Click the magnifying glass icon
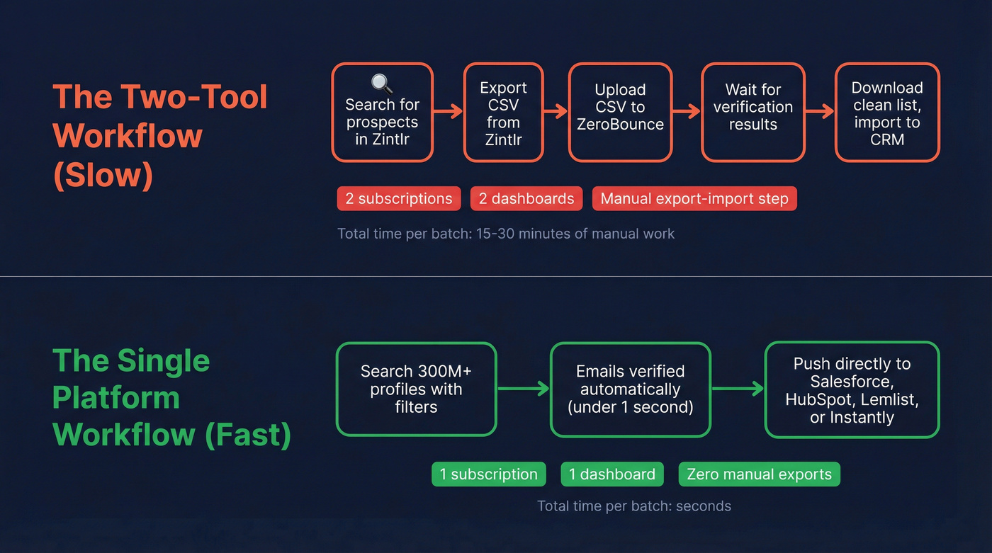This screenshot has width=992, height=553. (382, 83)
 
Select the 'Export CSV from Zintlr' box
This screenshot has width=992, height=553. (503, 113)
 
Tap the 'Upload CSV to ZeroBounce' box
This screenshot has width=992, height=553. (620, 113)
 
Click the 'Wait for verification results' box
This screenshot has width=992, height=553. (753, 113)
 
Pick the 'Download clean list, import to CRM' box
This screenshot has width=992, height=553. (887, 113)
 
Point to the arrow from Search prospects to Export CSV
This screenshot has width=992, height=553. (448, 111)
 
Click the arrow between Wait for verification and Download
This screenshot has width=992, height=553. (820, 111)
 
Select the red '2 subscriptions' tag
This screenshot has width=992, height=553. (399, 199)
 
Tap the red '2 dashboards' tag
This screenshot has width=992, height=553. (526, 199)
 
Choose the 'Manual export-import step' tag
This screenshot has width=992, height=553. (694, 199)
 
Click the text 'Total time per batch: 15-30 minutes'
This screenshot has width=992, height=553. (506, 234)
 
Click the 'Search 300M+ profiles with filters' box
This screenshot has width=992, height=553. (416, 389)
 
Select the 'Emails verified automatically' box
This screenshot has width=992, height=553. (630, 389)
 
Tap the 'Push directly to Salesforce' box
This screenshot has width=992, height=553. (852, 389)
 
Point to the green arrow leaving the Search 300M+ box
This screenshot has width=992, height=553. (523, 388)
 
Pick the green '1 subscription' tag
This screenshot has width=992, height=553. (489, 474)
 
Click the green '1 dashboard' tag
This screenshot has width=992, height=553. (612, 474)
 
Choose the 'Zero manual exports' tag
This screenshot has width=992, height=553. (759, 474)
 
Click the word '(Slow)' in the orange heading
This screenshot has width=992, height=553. (103, 175)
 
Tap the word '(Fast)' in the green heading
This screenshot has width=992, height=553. (248, 434)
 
